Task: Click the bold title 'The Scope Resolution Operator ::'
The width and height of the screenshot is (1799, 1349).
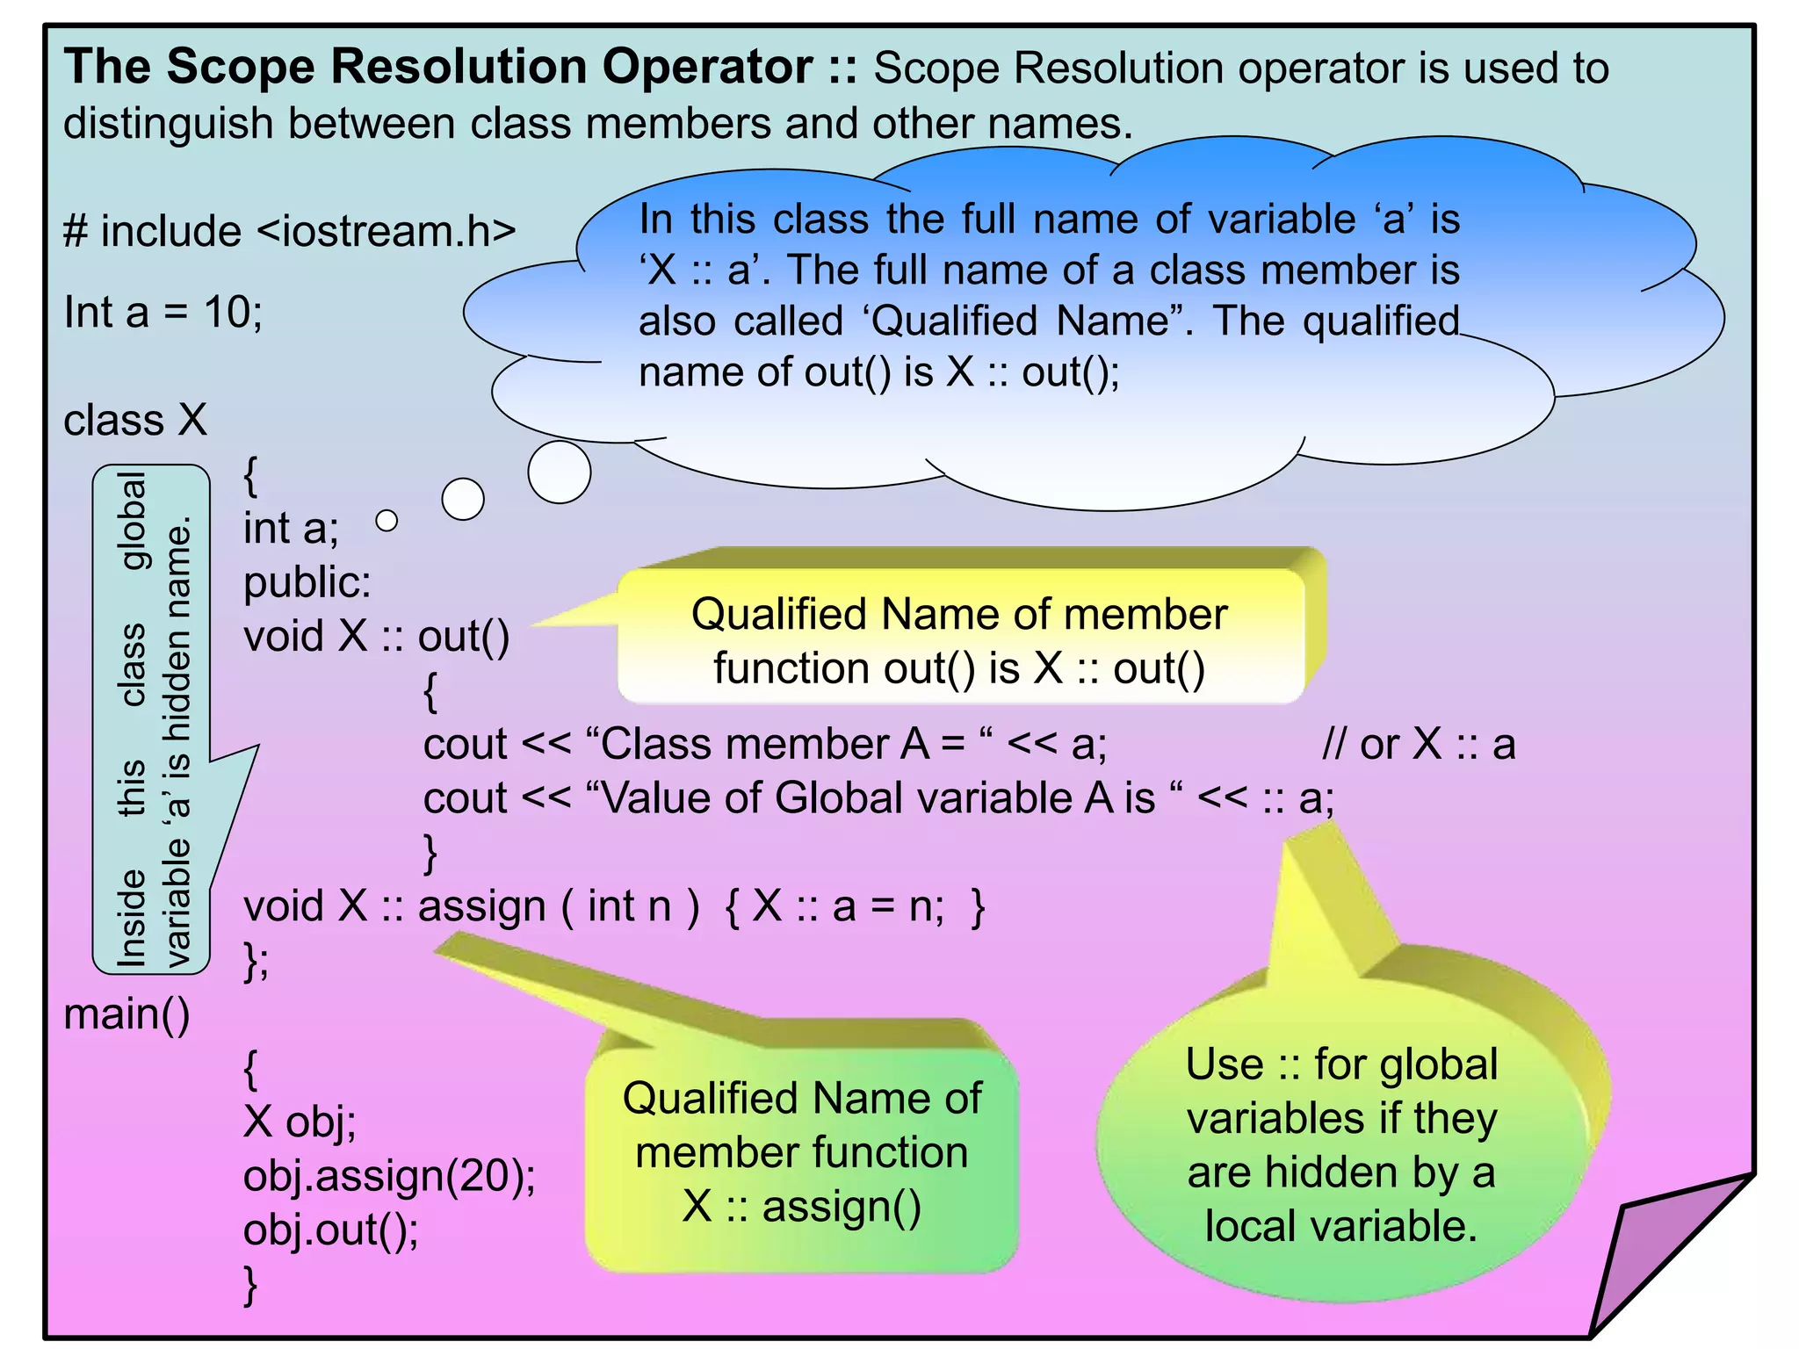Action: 460,67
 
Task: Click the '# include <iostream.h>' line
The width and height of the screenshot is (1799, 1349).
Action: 289,232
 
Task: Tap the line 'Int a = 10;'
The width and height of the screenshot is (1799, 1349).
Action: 163,312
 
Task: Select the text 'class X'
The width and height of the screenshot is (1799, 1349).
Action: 135,420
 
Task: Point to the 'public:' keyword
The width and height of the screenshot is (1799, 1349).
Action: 307,582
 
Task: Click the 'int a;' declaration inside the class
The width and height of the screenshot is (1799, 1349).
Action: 291,529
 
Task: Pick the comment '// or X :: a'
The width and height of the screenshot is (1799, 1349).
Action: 1419,745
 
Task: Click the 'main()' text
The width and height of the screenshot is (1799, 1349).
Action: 127,1014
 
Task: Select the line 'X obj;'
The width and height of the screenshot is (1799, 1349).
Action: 300,1122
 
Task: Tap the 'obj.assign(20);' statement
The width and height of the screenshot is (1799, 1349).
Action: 389,1176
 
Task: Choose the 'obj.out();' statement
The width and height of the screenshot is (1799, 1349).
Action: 331,1230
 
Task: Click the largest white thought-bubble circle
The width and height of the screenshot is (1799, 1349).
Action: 560,472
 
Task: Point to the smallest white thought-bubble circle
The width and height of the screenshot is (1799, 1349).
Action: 387,521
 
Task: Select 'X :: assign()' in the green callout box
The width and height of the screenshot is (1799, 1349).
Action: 801,1207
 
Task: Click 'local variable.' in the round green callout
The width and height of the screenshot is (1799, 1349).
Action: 1340,1226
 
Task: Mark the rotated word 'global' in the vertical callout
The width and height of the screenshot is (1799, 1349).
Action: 134,521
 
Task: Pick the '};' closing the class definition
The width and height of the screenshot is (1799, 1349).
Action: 256,961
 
